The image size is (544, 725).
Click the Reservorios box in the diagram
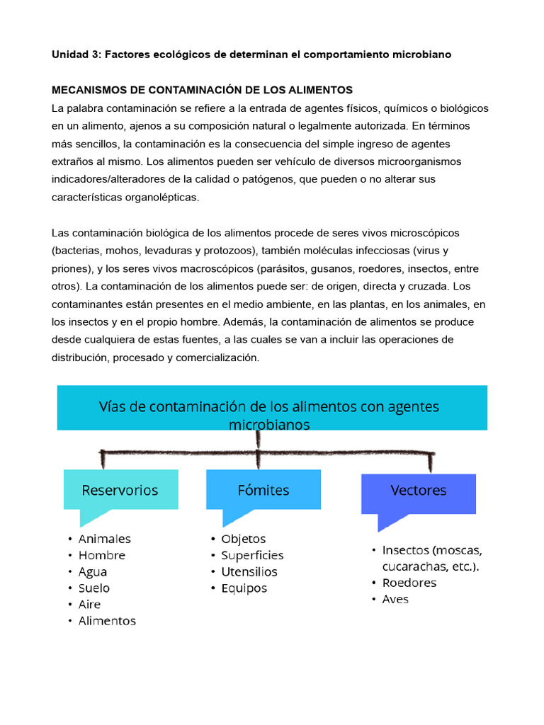120,490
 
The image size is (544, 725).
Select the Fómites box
263,490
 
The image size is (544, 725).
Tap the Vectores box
419,491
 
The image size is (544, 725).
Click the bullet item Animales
104,539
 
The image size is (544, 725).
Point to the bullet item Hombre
101,555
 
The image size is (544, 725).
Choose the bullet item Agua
93,571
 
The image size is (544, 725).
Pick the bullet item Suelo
94,588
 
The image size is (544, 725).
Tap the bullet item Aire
89,604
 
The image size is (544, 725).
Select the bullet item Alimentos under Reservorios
107,621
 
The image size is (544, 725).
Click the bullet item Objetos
244,539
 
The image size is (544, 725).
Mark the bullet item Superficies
252,555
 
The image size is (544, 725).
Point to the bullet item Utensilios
249,571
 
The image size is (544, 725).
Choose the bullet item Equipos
244,588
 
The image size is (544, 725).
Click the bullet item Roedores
409,583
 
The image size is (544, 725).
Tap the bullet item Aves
395,599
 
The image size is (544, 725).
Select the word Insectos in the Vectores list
405,550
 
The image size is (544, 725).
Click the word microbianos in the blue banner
269,425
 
